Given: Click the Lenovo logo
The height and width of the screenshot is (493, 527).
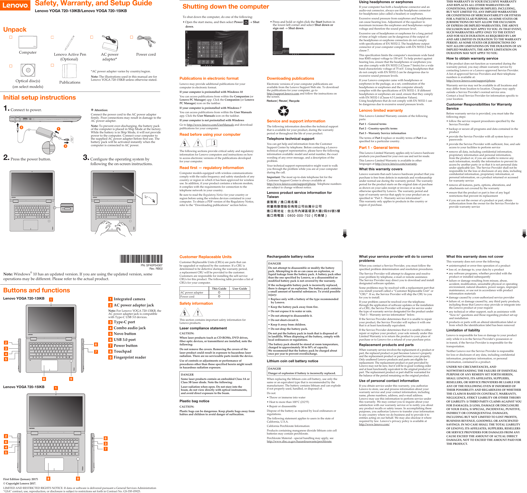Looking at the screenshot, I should tap(15, 5).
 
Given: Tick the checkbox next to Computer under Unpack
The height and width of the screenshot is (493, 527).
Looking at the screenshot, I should tap(11, 37).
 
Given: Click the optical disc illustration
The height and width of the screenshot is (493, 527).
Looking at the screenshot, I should tap(28, 70).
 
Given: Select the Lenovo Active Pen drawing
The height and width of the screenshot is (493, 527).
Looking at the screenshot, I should tap(69, 43).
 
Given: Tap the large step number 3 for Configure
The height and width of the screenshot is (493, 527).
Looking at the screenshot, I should tap(86, 157).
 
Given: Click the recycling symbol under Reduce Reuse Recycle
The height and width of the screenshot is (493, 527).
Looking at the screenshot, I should tap(283, 111).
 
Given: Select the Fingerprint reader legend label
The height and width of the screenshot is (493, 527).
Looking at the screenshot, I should tap(130, 357).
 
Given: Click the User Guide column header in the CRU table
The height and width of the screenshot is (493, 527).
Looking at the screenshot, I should tap(240, 289).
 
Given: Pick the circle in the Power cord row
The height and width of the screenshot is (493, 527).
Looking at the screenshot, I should tap(219, 296).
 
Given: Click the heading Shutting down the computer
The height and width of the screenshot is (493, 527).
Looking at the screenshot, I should tap(226, 7).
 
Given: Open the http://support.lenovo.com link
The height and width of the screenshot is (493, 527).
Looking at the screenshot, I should tap(283, 94).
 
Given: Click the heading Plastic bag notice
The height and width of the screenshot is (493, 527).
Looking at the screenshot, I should tap(194, 401).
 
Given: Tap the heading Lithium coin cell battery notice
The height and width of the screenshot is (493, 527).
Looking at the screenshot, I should tap(292, 361).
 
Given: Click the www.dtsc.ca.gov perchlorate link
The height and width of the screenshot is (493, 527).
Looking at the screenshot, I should tap(299, 441).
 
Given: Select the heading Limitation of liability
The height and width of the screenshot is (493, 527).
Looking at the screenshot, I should tap(463, 330).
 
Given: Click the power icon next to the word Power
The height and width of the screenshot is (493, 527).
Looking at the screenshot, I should tap(246, 22).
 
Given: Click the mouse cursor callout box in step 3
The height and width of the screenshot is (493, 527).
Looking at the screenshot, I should tap(150, 199).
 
